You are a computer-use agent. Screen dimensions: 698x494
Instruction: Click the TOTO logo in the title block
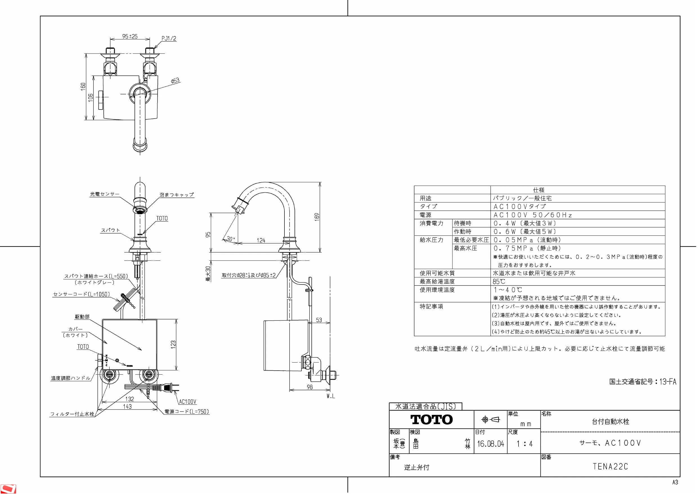pos(431,419)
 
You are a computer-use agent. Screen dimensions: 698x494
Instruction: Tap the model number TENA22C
pos(610,467)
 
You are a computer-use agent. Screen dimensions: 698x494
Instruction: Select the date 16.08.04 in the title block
pos(490,444)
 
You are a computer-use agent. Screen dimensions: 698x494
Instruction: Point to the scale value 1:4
pos(524,444)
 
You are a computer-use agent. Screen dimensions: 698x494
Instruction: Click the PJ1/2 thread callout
pos(169,39)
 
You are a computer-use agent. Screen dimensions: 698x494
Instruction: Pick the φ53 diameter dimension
pos(175,81)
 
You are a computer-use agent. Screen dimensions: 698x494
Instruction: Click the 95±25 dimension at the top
pos(130,36)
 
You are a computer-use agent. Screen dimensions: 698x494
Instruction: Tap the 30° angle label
pos(231,239)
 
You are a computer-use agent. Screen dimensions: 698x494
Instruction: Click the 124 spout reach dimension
pos(261,241)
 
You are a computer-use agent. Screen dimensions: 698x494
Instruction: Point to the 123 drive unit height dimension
pos(173,344)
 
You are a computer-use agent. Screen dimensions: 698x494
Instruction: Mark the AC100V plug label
pos(188,402)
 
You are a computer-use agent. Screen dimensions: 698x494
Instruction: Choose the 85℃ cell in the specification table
pos(499,282)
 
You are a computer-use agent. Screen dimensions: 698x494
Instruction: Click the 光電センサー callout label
pos(105,194)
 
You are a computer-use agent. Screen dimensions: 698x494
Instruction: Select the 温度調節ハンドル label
pos(71,378)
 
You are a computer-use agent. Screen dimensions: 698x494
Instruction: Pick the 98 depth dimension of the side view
pos(309,387)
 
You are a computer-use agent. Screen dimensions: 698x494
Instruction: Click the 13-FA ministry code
pos(668,381)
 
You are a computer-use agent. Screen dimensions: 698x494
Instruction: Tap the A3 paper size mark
pos(675,482)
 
